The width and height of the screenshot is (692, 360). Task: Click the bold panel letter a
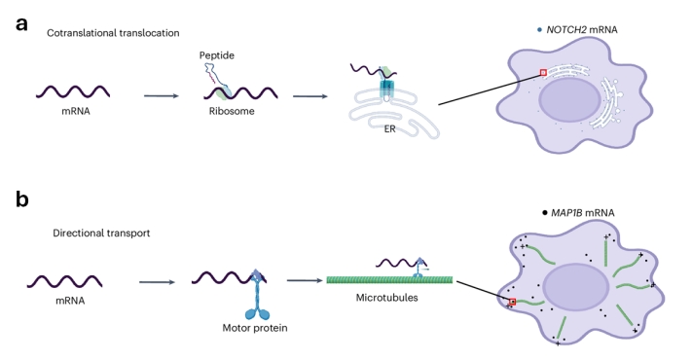(21, 23)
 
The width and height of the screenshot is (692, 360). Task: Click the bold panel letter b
(22, 198)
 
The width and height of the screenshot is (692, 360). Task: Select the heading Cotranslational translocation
(113, 33)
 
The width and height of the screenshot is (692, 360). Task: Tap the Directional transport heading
(101, 233)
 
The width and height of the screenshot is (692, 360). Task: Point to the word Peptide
(217, 55)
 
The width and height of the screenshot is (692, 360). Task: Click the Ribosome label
(232, 111)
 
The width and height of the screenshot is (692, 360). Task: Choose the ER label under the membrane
(389, 129)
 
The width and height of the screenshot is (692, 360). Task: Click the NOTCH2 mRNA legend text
(582, 29)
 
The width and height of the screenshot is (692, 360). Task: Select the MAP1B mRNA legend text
(583, 213)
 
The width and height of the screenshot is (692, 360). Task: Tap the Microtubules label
(387, 298)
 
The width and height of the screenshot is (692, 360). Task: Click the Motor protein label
(255, 328)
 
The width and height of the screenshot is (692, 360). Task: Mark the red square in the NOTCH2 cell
(543, 73)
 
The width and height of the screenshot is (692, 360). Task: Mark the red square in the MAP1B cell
(512, 302)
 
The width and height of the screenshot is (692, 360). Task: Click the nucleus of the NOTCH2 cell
(570, 100)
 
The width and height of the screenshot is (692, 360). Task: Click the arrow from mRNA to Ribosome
(162, 95)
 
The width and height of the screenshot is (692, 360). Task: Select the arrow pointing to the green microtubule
(305, 280)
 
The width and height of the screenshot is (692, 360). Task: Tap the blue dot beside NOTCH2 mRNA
(539, 30)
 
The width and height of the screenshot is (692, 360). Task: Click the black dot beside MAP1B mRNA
(545, 213)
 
